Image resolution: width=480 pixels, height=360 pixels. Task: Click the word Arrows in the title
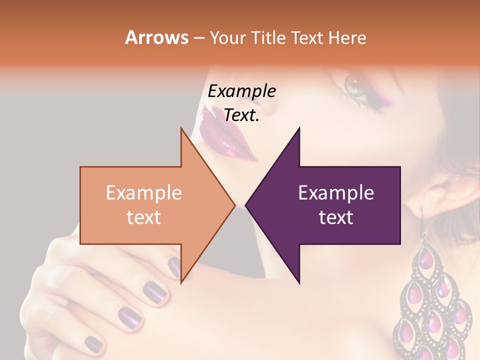click(x=156, y=37)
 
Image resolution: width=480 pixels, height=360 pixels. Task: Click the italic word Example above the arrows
click(x=241, y=91)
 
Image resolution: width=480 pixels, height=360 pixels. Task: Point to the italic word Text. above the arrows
click(x=241, y=115)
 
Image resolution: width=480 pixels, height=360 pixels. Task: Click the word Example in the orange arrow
click(x=143, y=193)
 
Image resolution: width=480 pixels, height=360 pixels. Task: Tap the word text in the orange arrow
click(x=143, y=217)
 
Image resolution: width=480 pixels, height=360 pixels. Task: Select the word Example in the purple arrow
click(x=336, y=193)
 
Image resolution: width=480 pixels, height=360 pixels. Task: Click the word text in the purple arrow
click(x=336, y=217)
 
